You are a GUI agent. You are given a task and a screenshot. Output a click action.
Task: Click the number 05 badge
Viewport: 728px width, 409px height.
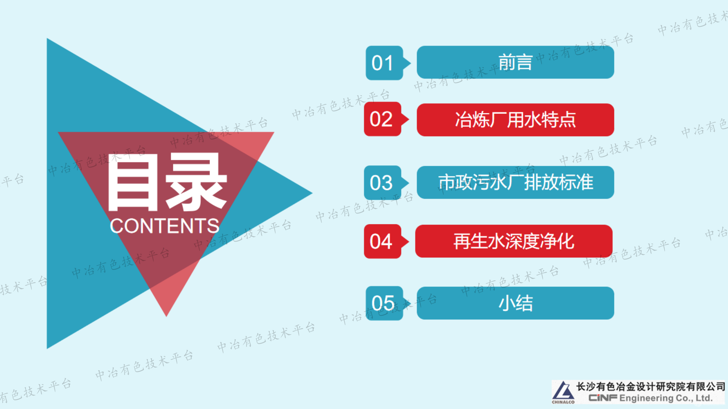pos(384,303)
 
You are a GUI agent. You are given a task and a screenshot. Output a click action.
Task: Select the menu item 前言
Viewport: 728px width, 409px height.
pos(515,62)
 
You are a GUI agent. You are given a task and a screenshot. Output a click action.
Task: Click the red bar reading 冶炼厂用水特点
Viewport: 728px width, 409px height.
pos(515,120)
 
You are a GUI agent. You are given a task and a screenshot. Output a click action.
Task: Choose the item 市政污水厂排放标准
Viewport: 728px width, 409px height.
pos(515,182)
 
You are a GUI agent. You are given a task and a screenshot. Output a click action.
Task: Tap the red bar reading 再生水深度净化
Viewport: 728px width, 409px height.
pos(514,241)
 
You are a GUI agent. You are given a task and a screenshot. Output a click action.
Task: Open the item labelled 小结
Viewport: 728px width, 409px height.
pos(515,303)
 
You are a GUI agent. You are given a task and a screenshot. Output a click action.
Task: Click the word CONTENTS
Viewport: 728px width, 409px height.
pos(164,226)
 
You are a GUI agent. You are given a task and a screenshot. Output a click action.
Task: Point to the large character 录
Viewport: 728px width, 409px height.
pos(196,182)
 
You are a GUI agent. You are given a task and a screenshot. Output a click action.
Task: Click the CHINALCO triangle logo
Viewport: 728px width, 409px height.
pos(563,392)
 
